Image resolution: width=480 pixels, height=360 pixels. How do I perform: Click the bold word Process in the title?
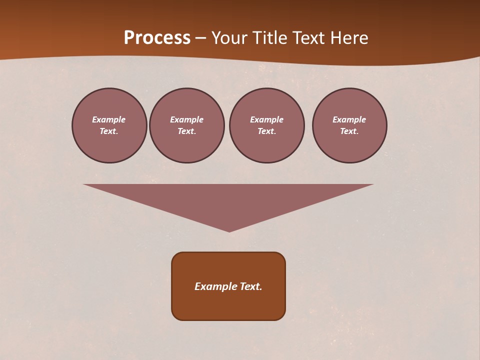click(x=157, y=38)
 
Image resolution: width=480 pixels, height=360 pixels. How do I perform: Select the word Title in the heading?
click(x=272, y=38)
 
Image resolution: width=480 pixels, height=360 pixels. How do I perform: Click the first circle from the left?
click(x=109, y=125)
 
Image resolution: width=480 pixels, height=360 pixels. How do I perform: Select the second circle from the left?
click(x=187, y=125)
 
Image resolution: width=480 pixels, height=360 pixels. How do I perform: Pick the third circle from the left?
click(x=267, y=125)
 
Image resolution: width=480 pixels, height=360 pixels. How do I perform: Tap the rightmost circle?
click(x=349, y=125)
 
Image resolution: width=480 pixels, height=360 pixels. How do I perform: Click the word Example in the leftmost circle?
click(x=109, y=119)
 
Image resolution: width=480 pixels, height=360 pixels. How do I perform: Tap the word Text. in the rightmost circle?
click(x=349, y=131)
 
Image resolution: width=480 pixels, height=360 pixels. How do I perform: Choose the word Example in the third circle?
click(x=267, y=119)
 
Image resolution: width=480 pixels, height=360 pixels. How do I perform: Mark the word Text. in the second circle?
click(x=187, y=131)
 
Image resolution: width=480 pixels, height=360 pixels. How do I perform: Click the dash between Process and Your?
click(x=200, y=38)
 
